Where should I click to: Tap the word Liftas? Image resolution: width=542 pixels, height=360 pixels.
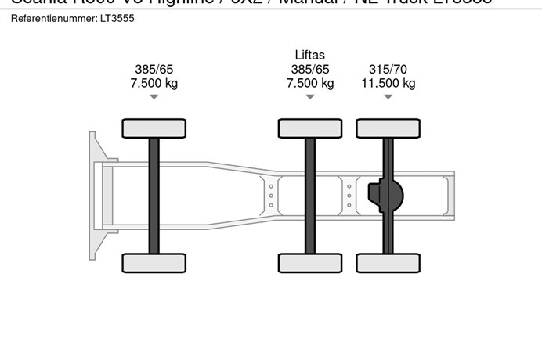tap(309, 55)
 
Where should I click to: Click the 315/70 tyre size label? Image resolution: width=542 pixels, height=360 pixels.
tap(388, 69)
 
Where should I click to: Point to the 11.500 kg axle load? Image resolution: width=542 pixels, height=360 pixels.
tap(388, 83)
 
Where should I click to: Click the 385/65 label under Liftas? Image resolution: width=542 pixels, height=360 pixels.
tap(309, 69)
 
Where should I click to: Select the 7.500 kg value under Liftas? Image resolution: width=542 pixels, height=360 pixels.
tap(309, 83)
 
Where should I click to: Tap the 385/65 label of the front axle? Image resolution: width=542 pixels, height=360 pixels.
tap(154, 69)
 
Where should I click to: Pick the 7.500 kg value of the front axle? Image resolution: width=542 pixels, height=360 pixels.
tap(154, 83)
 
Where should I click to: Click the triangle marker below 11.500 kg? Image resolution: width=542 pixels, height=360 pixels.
tap(388, 97)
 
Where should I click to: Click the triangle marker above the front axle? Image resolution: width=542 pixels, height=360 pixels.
tap(154, 97)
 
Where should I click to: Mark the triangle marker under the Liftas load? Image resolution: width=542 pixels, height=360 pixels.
tap(309, 97)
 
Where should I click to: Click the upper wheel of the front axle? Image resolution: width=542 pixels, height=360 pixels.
tap(154, 128)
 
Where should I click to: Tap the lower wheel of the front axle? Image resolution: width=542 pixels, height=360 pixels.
tap(154, 263)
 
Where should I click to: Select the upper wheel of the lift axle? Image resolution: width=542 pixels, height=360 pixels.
tap(309, 128)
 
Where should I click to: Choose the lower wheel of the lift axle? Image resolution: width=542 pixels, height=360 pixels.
tap(309, 263)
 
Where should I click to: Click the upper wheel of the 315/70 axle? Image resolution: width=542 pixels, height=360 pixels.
tap(388, 128)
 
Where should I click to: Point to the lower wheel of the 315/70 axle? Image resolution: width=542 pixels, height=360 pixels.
tap(388, 263)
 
